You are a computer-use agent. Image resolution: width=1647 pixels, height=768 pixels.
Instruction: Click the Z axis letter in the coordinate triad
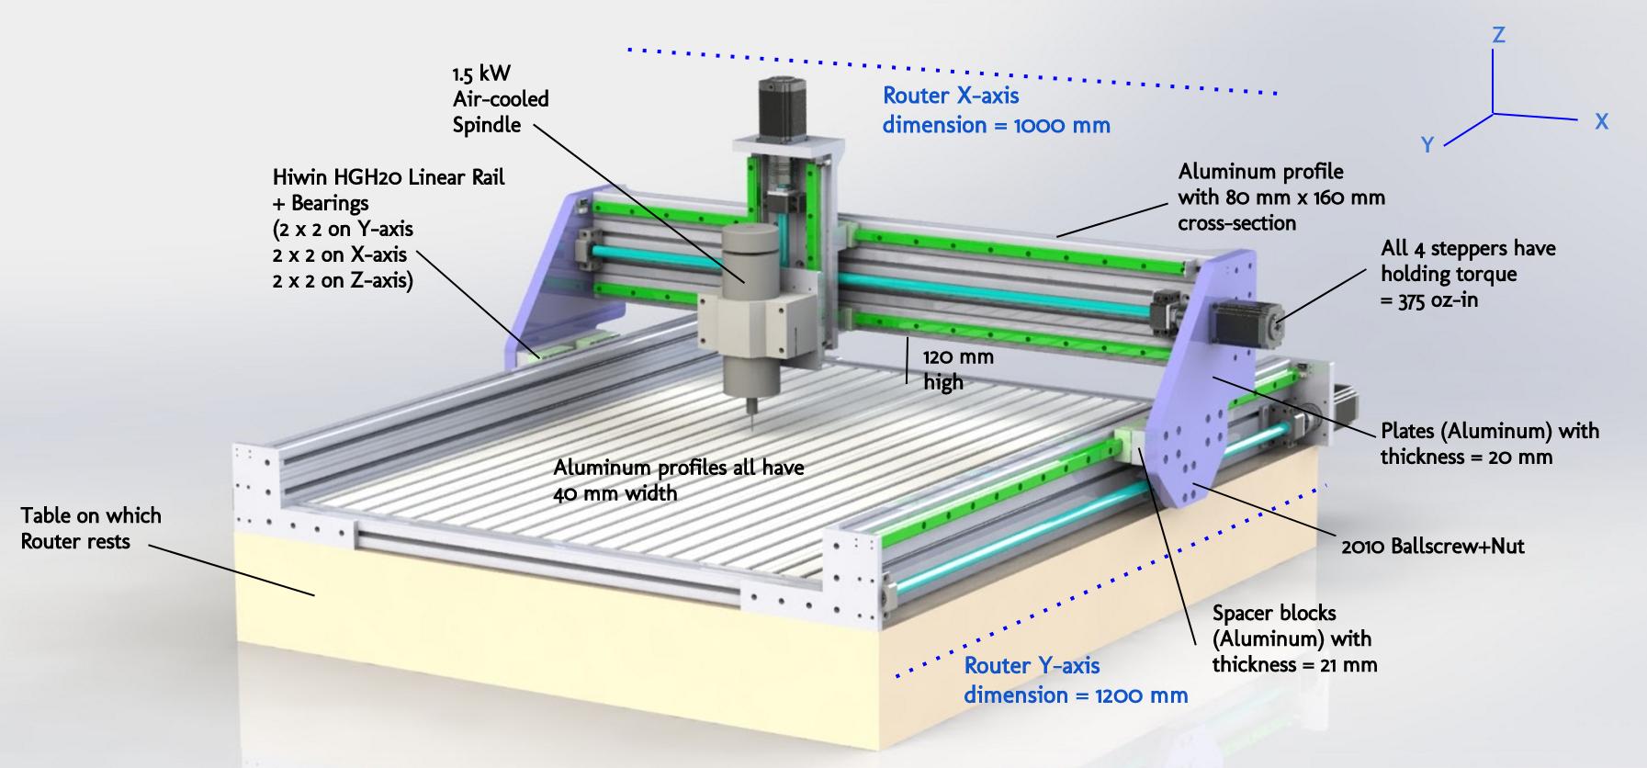(x=1498, y=35)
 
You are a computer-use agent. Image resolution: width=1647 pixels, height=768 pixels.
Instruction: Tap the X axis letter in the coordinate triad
(x=1601, y=121)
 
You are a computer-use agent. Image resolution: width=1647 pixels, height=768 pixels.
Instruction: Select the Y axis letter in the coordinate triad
(x=1427, y=145)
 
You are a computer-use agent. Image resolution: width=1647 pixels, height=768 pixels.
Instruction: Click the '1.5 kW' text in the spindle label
(x=481, y=73)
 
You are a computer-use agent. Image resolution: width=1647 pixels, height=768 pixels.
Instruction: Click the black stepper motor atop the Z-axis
(x=777, y=107)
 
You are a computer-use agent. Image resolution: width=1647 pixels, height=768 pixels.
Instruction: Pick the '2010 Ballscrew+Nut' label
(x=1432, y=547)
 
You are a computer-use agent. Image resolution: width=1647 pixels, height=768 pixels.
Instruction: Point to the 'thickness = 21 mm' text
(x=1294, y=664)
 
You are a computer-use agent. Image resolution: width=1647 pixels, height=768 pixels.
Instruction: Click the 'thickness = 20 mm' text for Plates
(x=1466, y=457)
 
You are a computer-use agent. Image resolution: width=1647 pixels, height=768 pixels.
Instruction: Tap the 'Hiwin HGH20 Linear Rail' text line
(x=389, y=176)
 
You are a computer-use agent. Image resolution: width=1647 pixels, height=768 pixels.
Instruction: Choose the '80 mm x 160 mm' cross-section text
(x=1305, y=198)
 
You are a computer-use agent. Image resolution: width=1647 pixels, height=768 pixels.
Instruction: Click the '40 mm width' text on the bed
(x=615, y=493)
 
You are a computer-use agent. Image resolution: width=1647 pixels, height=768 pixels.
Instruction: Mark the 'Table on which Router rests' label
(x=90, y=528)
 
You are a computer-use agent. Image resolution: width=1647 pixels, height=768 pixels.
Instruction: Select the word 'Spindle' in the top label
(x=486, y=125)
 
